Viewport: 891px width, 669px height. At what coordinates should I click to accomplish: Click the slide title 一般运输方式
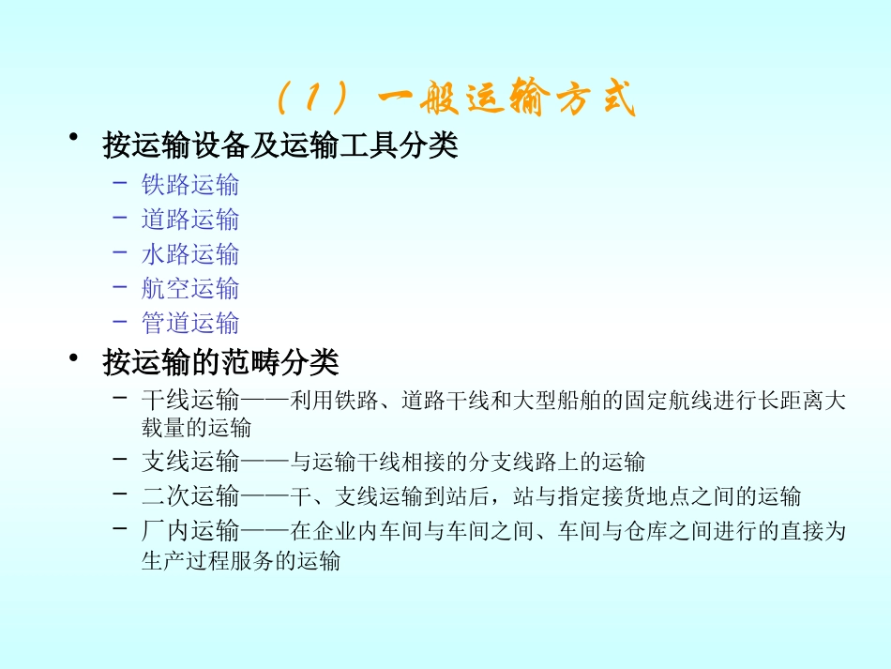click(x=506, y=99)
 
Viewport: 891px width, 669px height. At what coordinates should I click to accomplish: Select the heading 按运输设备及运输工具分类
click(x=279, y=146)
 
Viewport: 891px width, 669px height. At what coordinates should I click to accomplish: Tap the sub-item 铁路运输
click(x=190, y=184)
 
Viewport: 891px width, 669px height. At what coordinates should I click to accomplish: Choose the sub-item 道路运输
click(x=190, y=219)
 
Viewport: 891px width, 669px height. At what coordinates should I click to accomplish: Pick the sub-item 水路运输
click(x=190, y=253)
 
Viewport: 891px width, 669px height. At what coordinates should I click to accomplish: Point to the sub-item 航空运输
click(x=190, y=288)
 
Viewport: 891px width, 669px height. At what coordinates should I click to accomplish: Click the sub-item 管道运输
click(x=190, y=323)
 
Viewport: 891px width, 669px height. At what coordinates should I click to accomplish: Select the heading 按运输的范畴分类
click(x=220, y=362)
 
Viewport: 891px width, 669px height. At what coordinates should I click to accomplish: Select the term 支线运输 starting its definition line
click(x=190, y=462)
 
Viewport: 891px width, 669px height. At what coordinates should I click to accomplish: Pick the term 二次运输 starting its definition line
click(x=190, y=496)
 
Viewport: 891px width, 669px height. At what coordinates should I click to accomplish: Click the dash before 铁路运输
click(x=120, y=182)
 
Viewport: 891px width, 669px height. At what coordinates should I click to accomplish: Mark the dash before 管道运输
click(x=120, y=321)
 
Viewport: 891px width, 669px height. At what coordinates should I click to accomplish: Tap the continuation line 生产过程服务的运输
click(x=241, y=562)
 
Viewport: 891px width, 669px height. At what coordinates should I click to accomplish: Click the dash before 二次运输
click(x=120, y=494)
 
